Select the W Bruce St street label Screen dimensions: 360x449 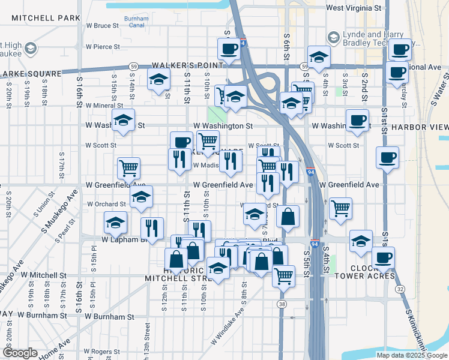103,26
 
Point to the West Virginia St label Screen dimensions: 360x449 354,8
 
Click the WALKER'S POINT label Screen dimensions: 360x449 179,64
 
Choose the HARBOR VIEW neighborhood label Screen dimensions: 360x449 420,127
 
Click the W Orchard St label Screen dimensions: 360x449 106,204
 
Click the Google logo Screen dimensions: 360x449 19,353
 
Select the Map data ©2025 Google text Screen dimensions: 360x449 411,355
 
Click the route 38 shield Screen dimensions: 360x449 282,304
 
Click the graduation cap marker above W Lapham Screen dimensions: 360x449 115,223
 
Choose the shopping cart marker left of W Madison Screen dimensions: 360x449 128,168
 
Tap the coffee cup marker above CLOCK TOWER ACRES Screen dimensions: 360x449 382,257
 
